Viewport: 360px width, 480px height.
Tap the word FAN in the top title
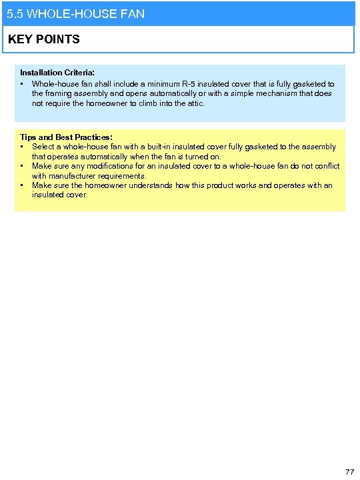coord(133,13)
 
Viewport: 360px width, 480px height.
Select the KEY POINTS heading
coord(44,39)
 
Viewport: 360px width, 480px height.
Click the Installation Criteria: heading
coord(57,72)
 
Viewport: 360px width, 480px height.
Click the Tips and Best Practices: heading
coord(66,137)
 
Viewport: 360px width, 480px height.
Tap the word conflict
coord(325,166)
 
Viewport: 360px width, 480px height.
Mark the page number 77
coord(349,472)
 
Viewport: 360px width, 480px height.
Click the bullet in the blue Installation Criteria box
coord(23,84)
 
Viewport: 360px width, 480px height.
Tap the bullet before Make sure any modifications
coord(23,166)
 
